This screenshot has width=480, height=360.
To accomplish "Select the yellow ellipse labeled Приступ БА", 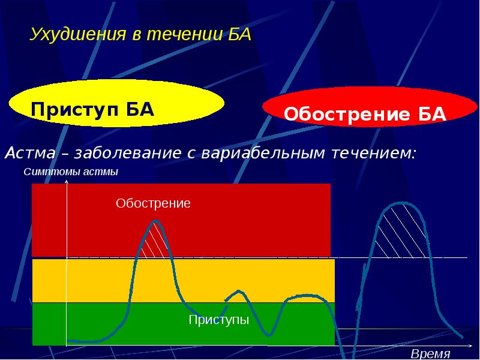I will point(117,105).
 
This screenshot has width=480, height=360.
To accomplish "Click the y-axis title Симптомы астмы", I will point(71,172).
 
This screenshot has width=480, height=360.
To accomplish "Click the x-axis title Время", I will point(430,353).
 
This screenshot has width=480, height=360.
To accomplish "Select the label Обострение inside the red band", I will point(153,203).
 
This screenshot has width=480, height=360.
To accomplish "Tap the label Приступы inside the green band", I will point(218,320).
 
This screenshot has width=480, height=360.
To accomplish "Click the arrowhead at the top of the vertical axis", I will point(67,182).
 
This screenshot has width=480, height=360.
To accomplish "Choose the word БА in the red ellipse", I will point(430,115).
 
